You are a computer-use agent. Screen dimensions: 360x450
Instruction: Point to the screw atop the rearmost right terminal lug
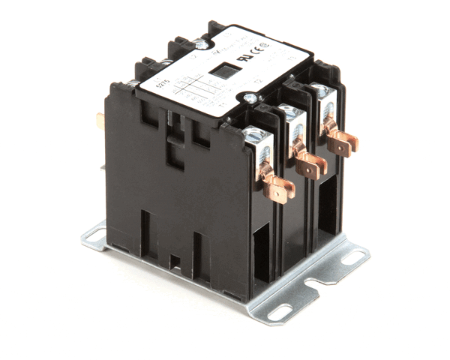(320, 91)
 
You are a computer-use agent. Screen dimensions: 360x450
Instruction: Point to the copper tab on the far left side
(100, 118)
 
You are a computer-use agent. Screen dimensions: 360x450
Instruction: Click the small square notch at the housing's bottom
(174, 262)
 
